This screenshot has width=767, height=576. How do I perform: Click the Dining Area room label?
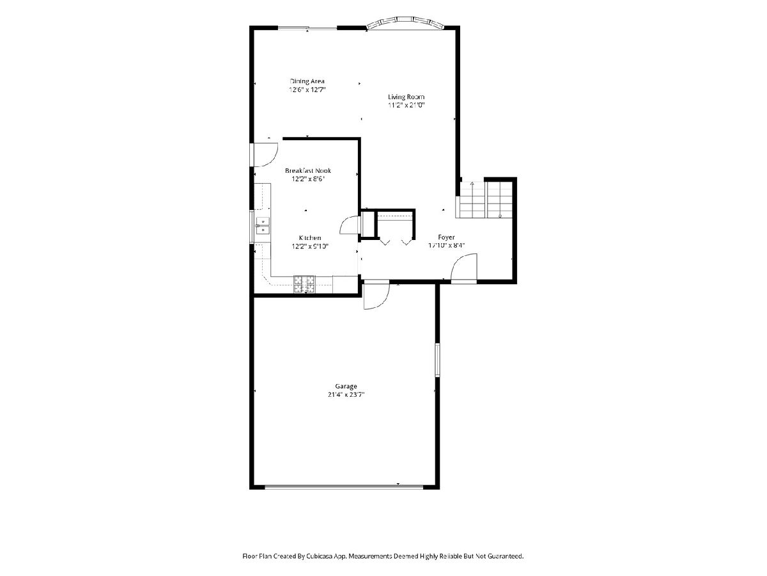coord(307,81)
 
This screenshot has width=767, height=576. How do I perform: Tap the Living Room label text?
coord(406,97)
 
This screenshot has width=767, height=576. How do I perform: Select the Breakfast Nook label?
coord(308,171)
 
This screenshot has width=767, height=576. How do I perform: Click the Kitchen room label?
coord(310,238)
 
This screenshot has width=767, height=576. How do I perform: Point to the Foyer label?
coord(446,237)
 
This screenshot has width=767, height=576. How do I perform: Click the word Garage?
coord(346,386)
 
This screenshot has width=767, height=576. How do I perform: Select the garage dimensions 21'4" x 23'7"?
coord(346,395)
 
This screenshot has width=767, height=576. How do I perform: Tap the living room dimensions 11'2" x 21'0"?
coord(406,105)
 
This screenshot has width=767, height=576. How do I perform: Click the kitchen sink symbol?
coord(263,225)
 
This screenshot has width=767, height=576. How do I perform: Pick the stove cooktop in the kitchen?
coord(304,284)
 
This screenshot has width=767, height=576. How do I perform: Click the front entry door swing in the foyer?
coord(464,268)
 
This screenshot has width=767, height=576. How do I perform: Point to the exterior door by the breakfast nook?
coord(264,155)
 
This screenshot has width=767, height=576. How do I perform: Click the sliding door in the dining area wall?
coord(307,28)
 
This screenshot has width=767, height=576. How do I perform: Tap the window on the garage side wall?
coord(437,360)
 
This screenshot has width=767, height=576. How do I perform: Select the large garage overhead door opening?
coord(344,486)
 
